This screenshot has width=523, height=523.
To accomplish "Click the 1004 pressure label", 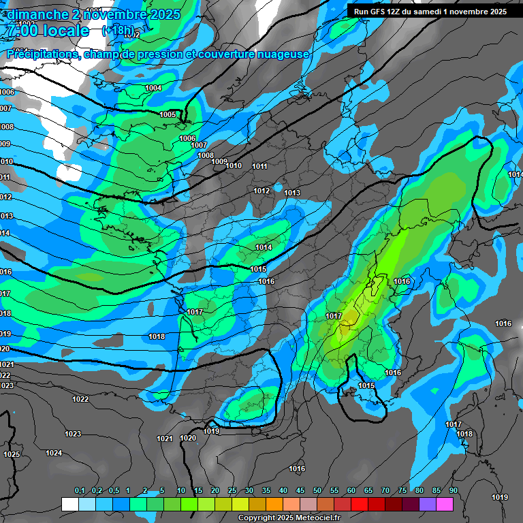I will [x=154, y=88].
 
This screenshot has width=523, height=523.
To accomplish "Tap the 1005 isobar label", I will [x=168, y=114].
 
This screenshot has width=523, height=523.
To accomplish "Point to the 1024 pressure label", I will [x=54, y=453].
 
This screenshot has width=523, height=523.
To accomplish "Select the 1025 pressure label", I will [x=12, y=454].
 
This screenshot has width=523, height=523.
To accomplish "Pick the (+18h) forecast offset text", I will [x=117, y=31].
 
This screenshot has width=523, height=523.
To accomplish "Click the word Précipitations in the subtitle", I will [x=42, y=54].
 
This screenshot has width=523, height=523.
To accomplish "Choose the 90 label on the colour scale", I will [x=453, y=490].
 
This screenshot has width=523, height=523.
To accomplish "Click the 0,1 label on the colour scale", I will [x=80, y=490].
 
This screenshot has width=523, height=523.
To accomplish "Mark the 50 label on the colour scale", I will [x=317, y=490].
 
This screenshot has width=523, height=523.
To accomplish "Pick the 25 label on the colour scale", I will [x=232, y=490].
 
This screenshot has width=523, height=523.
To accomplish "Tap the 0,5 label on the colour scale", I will [x=113, y=490].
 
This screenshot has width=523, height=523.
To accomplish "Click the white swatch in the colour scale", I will [x=69, y=504].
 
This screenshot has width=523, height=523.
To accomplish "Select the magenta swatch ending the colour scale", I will [x=444, y=504].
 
